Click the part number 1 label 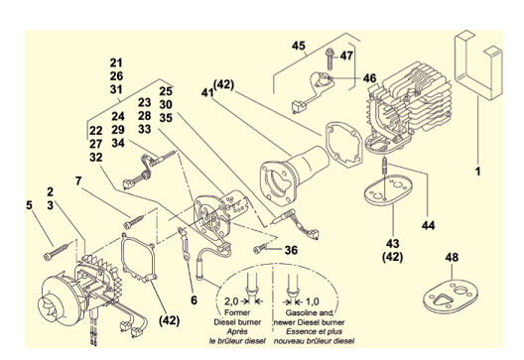click(477, 172)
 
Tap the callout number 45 click(299, 46)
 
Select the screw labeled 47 click(329, 59)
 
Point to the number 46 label click(369, 78)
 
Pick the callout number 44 click(428, 225)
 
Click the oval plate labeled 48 click(451, 297)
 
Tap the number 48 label click(452, 258)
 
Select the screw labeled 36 click(260, 249)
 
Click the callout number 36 click(291, 250)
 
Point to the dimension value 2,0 click(231, 301)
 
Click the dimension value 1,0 click(313, 301)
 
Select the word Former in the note click(237, 313)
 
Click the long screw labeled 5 click(57, 252)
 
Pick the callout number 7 click(78, 181)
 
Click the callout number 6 click(194, 300)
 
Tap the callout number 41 click(207, 92)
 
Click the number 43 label click(393, 243)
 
